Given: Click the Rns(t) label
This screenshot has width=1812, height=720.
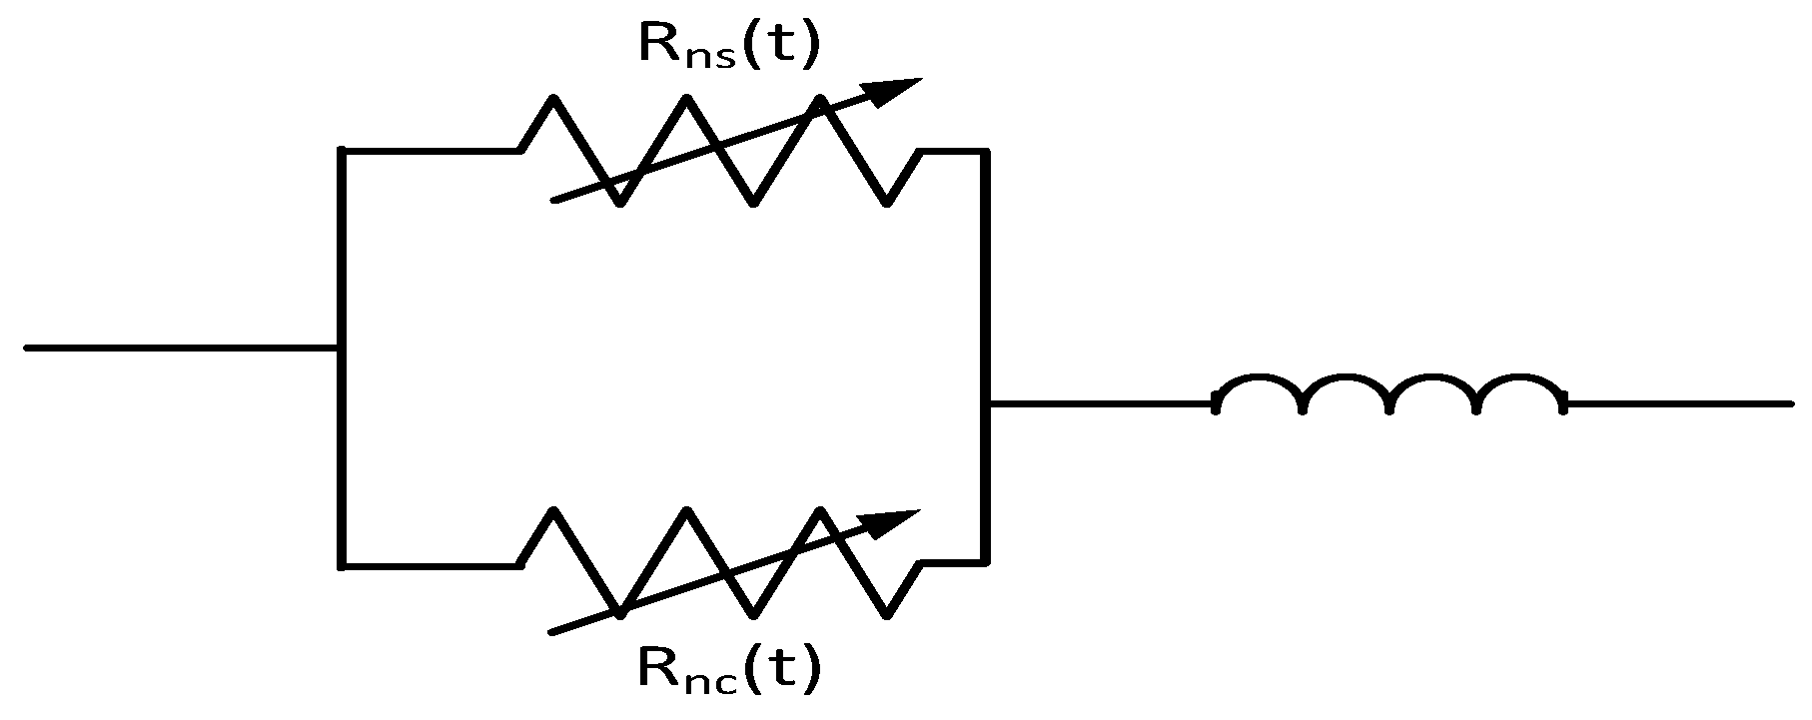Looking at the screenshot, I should [729, 45].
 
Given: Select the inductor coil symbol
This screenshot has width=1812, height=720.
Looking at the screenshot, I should [1389, 392].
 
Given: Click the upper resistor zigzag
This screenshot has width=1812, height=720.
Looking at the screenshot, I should [719, 150].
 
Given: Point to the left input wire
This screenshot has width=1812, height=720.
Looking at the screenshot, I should [180, 348].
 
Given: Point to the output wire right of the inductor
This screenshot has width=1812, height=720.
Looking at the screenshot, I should [1678, 403].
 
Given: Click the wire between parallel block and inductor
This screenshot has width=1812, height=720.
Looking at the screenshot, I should [1099, 403].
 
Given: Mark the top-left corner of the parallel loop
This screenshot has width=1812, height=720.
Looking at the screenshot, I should [342, 151].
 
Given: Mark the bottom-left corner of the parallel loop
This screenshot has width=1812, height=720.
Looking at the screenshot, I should [342, 565].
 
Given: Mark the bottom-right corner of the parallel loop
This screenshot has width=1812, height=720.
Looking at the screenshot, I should [985, 562].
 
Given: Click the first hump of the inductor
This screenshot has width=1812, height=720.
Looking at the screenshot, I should [1259, 383].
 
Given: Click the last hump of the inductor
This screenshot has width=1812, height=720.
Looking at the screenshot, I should [1521, 383].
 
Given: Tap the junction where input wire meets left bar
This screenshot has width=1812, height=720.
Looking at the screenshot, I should [341, 348].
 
